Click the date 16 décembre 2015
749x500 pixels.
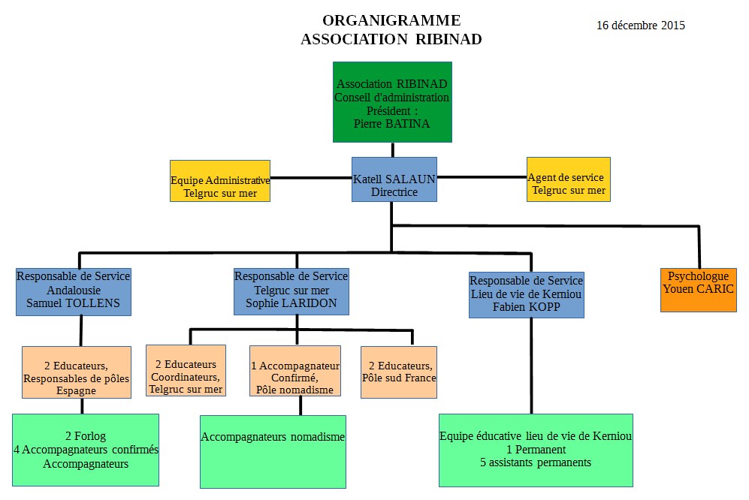coord(640,26)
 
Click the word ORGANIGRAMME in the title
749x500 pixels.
coord(391,21)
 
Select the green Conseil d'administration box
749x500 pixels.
coord(392,102)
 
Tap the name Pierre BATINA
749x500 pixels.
coord(392,124)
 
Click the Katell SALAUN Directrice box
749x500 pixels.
coord(394,179)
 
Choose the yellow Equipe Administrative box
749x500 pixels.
coord(220,181)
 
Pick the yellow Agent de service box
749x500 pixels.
coord(568,179)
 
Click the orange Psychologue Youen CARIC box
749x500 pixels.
coord(698,289)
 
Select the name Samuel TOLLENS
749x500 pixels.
coord(73,303)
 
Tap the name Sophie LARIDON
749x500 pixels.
coord(291,303)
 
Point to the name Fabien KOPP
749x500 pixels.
coord(526,306)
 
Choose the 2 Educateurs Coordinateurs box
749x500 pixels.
coord(186,371)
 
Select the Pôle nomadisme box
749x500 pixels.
coord(294,371)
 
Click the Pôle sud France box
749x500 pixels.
coord(398,371)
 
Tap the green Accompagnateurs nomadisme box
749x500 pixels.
coord(273,451)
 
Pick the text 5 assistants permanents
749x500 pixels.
coord(536,462)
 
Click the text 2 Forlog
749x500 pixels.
coord(86,436)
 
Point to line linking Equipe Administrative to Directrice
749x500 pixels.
coord(311,179)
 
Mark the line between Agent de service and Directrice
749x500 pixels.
coord(482,178)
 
